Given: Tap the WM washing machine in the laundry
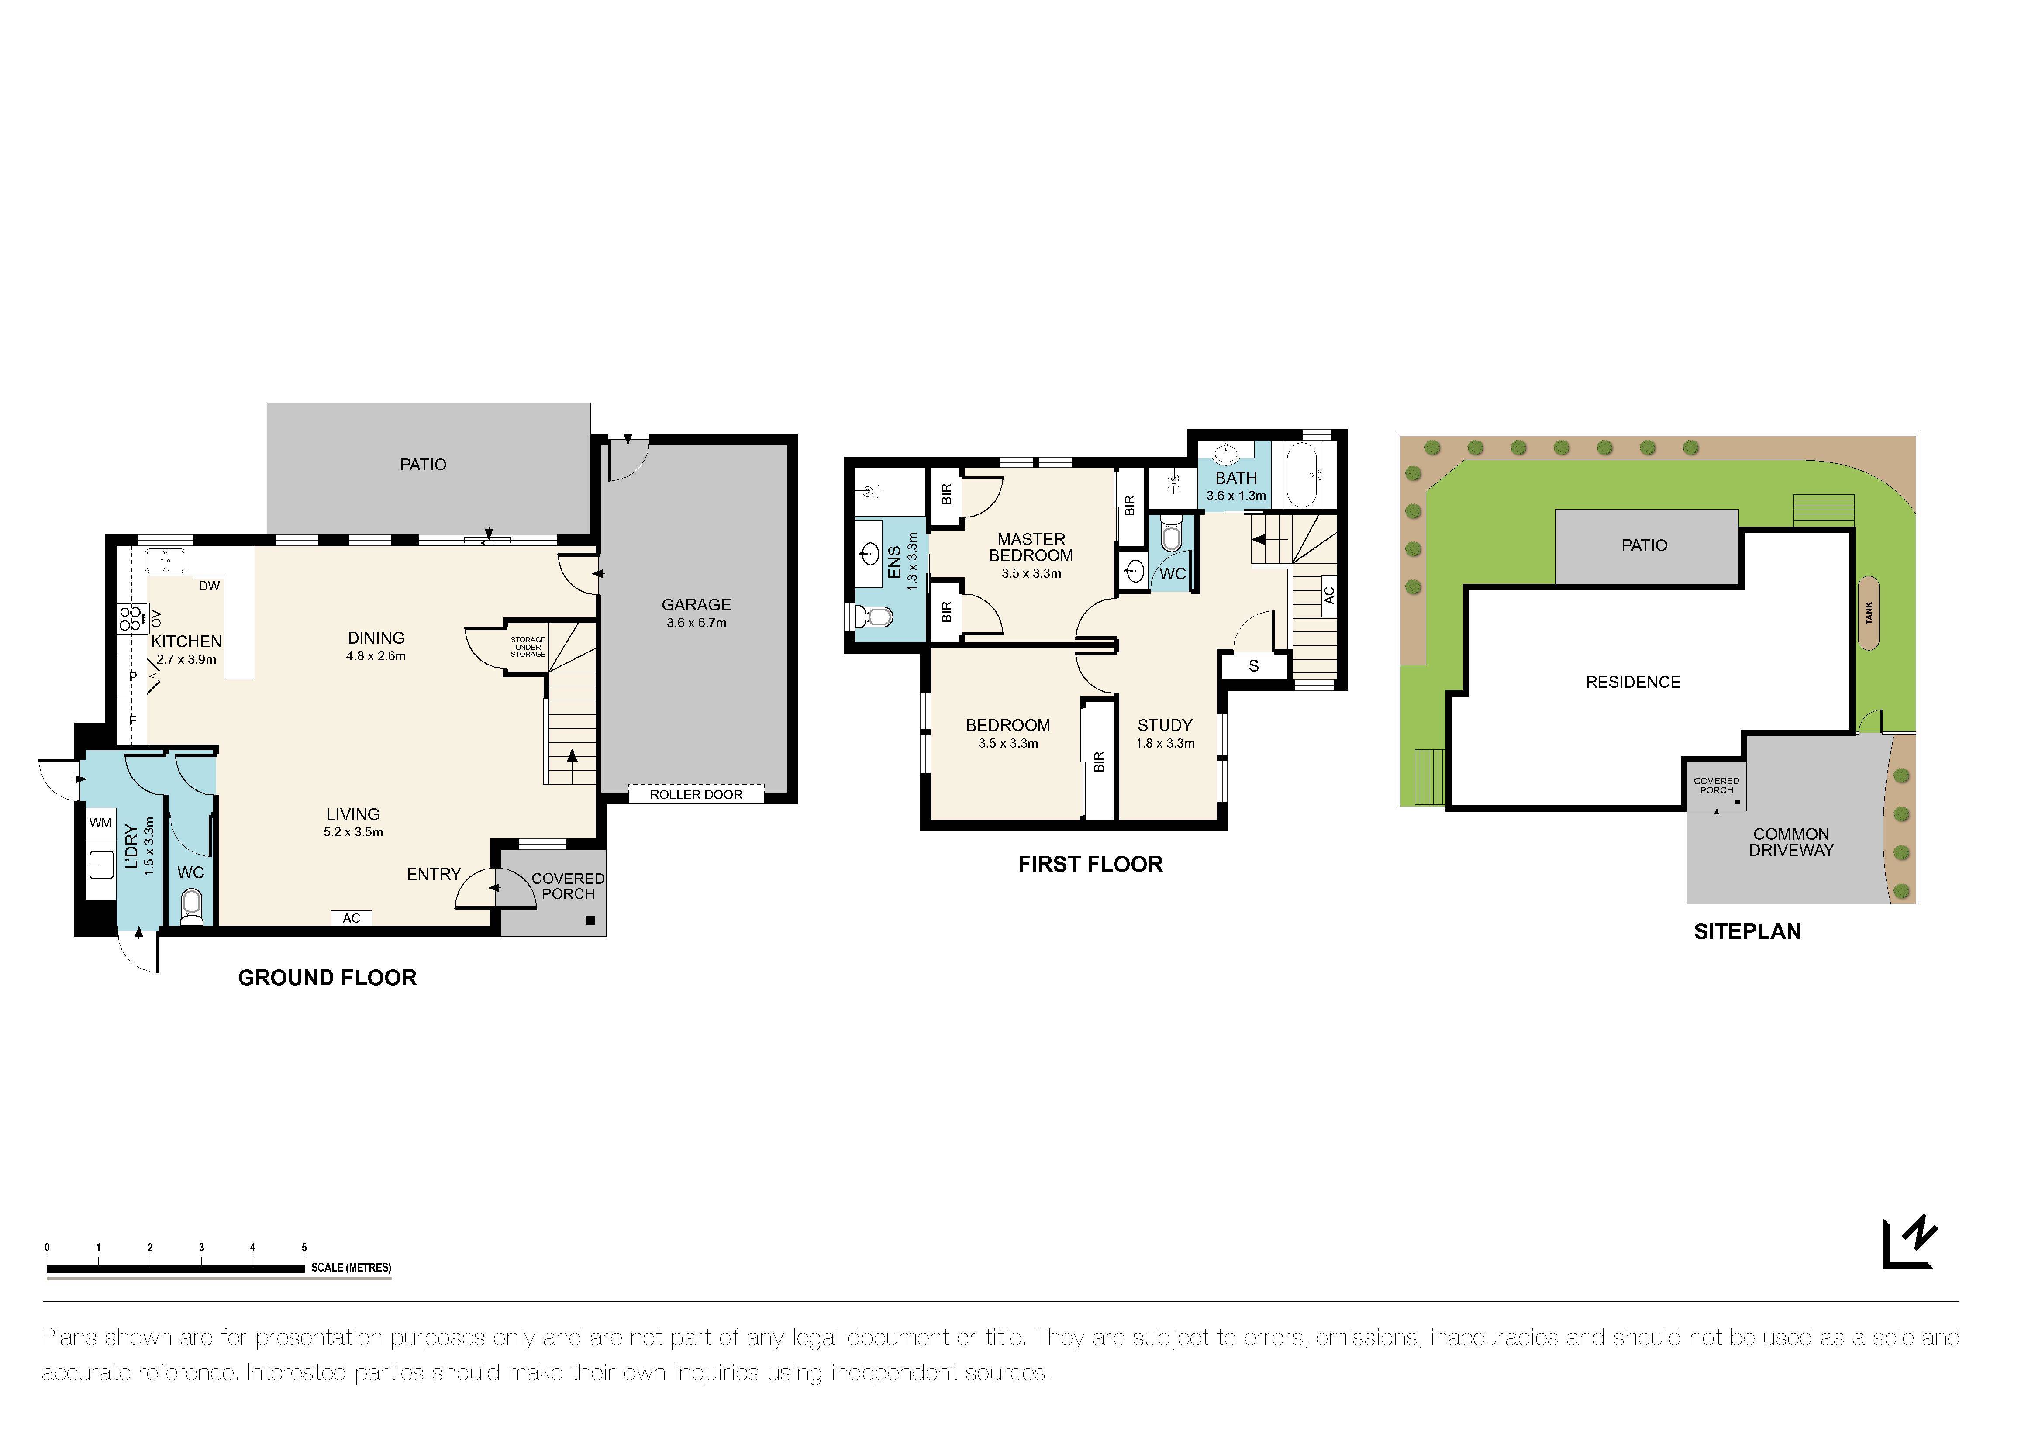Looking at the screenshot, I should coord(101,823).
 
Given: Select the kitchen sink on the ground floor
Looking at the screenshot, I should coord(165,560).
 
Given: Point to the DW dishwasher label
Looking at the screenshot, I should coord(209,586).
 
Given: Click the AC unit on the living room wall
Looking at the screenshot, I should coord(352,918).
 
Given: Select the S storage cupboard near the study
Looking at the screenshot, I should coord(1253,666).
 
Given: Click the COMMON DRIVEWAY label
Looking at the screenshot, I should coord(1791,842).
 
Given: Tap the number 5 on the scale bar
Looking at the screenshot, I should coord(304,1248).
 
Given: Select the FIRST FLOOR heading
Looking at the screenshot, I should coord(1090,865).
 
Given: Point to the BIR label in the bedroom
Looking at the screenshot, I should coord(1099,761).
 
